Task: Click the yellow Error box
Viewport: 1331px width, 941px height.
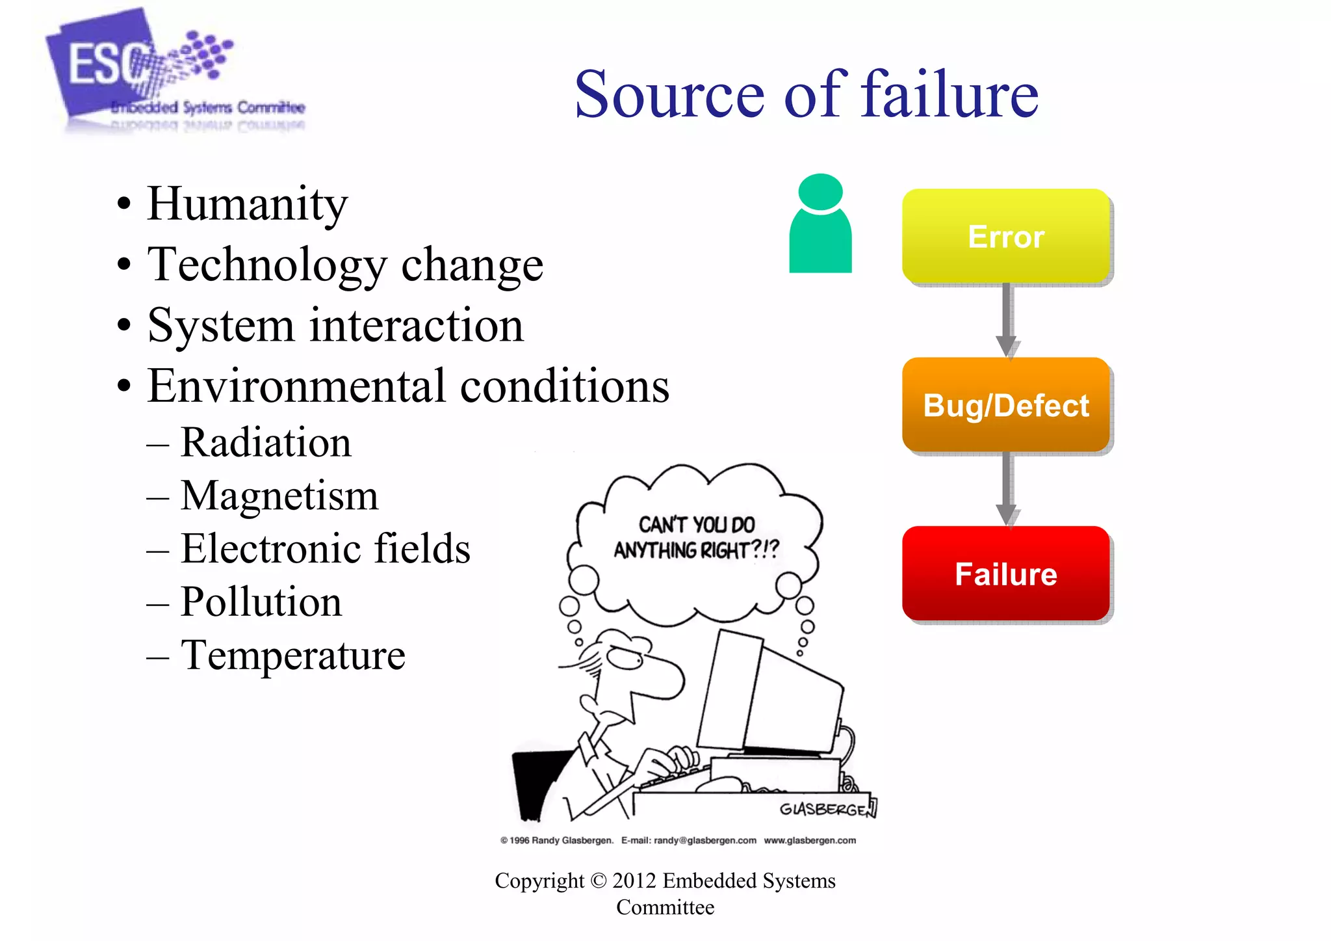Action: pos(1005,236)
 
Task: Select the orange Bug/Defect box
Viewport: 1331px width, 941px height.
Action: pos(1005,404)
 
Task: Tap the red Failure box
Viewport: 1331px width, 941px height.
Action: pos(1005,574)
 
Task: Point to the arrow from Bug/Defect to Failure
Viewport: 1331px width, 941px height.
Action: pos(1006,488)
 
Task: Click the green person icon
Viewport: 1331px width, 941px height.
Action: pos(820,224)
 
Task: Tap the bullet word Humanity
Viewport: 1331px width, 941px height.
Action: pos(247,204)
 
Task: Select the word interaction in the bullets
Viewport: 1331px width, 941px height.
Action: pos(416,325)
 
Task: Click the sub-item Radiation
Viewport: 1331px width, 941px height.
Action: pos(265,442)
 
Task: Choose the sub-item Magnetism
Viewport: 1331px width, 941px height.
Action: pos(279,496)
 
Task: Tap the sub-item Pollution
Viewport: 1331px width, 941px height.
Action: pos(261,602)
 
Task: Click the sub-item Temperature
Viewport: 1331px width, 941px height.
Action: pos(292,655)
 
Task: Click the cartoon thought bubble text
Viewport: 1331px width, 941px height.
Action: pos(696,537)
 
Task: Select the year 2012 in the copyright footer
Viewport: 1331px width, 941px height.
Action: pos(634,881)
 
